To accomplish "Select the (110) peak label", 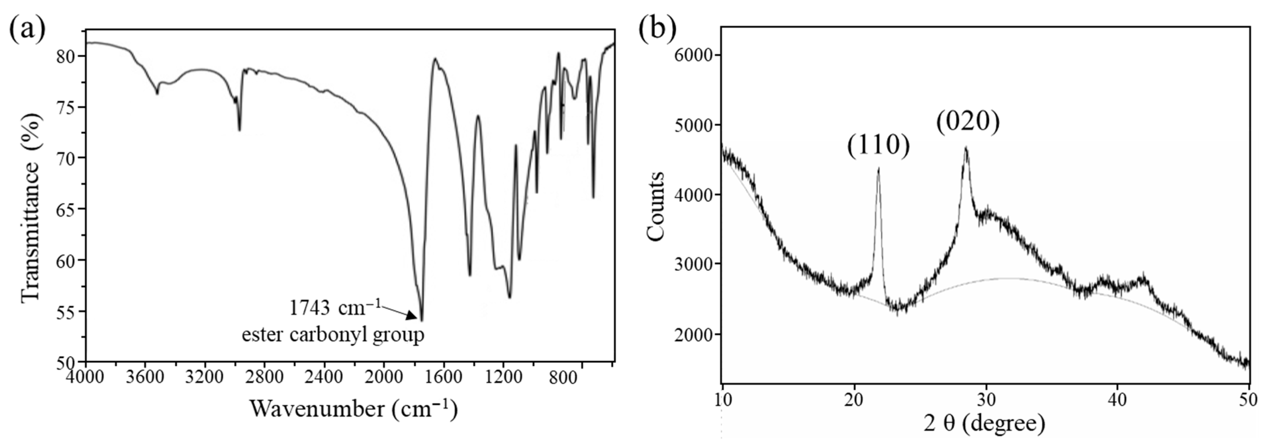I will (x=878, y=145).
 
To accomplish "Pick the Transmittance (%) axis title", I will (x=30, y=208).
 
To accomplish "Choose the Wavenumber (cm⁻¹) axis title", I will (x=353, y=408).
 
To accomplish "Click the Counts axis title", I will (x=656, y=206).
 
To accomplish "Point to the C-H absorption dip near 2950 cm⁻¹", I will (x=239, y=130).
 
